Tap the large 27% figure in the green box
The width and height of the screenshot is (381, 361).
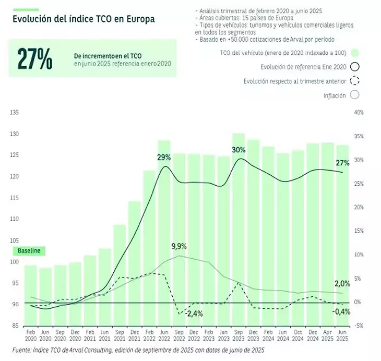click(x=34, y=59)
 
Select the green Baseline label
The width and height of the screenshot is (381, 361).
click(x=29, y=251)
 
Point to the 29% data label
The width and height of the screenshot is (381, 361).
click(x=164, y=157)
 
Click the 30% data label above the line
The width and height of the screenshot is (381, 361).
click(x=239, y=150)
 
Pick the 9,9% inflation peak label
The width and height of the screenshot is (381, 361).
click(x=178, y=246)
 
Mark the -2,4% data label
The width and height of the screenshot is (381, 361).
click(x=194, y=314)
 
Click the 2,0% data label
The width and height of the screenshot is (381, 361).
click(x=342, y=284)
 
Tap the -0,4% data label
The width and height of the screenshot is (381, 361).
click(x=342, y=311)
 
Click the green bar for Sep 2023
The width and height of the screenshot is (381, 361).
click(x=239, y=230)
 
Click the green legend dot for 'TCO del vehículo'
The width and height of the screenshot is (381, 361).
click(x=355, y=53)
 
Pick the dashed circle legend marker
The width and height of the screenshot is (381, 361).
click(x=355, y=81)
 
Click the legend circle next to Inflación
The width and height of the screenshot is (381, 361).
click(x=355, y=95)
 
